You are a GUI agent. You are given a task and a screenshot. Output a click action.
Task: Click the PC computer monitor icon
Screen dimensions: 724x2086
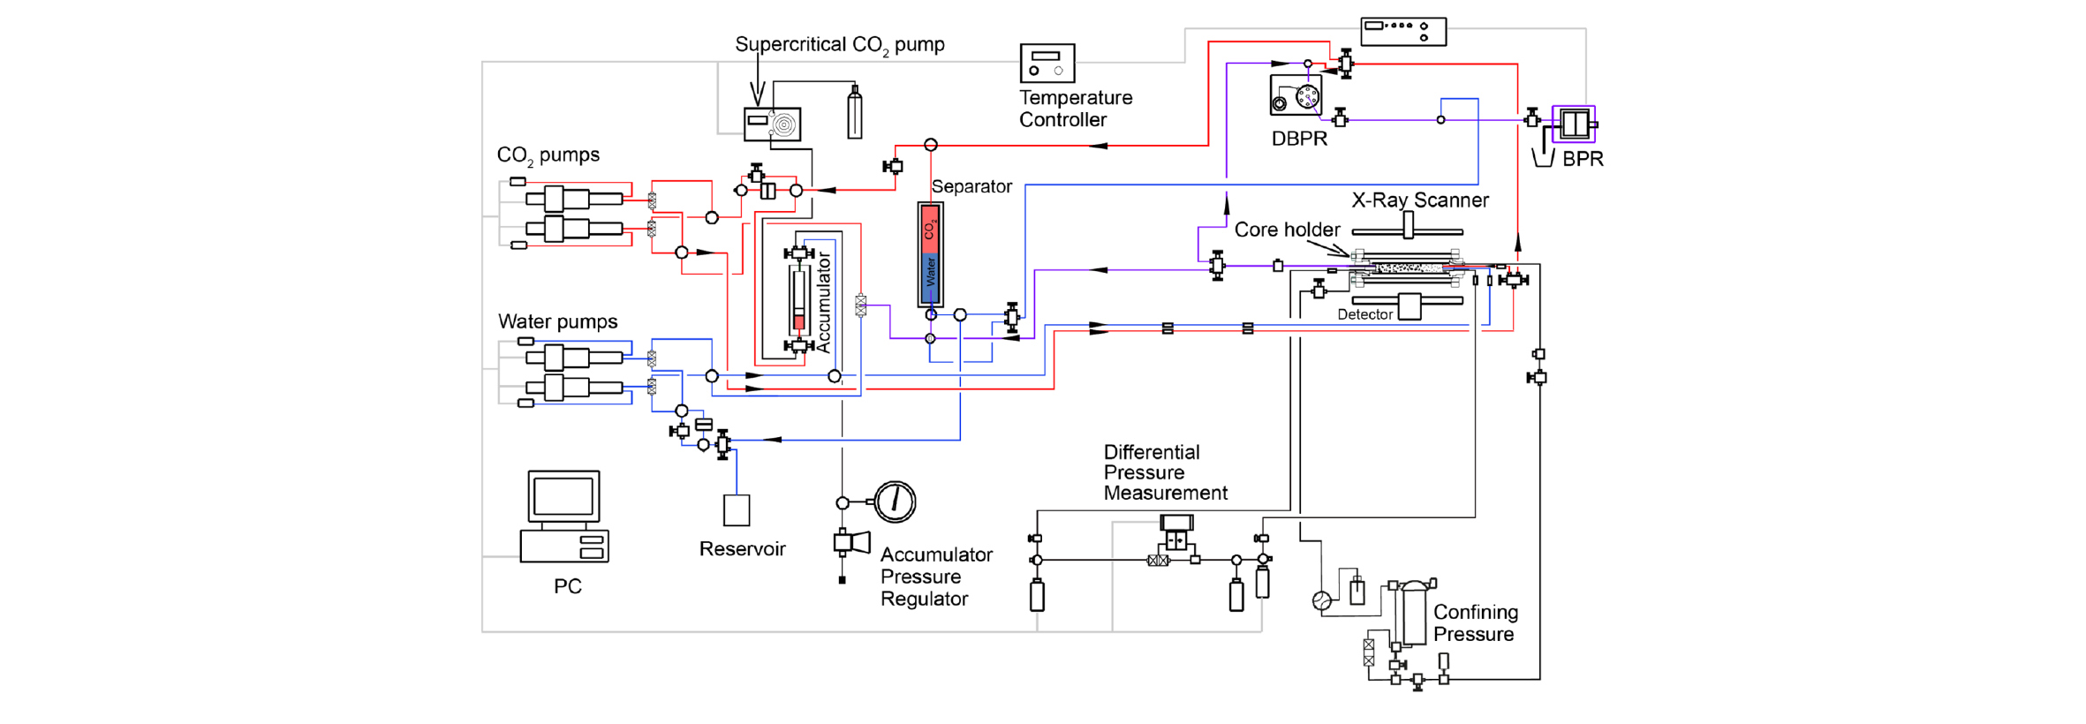(563, 497)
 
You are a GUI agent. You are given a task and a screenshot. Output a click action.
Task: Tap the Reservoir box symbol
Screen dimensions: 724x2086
(737, 510)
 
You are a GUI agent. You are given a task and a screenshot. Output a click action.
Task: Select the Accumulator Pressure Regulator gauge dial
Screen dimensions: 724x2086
(896, 501)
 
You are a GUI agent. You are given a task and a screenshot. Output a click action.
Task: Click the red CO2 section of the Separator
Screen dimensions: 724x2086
(930, 230)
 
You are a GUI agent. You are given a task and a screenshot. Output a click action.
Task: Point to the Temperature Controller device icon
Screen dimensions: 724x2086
(1047, 63)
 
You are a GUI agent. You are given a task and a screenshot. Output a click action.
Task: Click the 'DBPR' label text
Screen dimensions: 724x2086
(1299, 139)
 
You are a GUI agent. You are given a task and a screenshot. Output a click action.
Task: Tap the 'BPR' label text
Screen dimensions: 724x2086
(1583, 159)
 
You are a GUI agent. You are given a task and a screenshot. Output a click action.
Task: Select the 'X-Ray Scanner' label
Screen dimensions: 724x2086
(1420, 200)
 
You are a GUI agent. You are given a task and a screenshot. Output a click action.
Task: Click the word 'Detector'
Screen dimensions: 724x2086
(1364, 314)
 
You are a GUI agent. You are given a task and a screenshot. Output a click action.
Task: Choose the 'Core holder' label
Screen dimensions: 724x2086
(1287, 230)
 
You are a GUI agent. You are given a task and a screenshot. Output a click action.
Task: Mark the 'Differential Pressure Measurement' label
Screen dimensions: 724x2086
(1165, 472)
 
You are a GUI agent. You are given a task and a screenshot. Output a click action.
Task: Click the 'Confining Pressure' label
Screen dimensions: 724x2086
(1475, 623)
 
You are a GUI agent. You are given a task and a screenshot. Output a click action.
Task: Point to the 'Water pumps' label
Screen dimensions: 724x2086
(557, 321)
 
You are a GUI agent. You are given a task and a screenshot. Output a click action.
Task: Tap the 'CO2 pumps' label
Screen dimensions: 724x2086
(548, 155)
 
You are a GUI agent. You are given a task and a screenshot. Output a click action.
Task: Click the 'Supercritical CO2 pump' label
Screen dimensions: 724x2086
(839, 45)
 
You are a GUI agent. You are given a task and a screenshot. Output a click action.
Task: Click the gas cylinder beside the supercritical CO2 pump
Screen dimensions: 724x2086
(854, 114)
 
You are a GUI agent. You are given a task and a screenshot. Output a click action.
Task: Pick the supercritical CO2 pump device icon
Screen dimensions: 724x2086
(773, 124)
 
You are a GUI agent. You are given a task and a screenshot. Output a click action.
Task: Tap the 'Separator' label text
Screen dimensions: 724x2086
(971, 186)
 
